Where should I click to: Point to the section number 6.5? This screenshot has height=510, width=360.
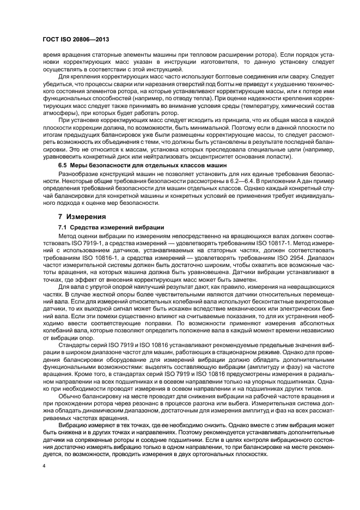(x=63, y=164)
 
